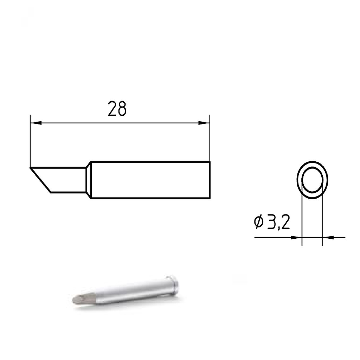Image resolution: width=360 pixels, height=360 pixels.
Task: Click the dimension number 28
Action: (x=117, y=109)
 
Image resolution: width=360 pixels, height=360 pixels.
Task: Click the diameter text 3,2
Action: (x=278, y=222)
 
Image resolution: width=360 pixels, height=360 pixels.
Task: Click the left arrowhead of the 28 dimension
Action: (x=36, y=123)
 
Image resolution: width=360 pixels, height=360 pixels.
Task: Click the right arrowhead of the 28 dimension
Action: (x=204, y=123)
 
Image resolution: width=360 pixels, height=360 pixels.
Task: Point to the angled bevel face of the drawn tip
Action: (x=41, y=180)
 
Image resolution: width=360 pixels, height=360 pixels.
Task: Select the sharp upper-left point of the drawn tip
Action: (x=31, y=168)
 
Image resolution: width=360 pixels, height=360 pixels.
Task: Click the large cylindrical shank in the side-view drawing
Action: (x=149, y=180)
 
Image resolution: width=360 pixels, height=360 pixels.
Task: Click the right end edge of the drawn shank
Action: (x=210, y=180)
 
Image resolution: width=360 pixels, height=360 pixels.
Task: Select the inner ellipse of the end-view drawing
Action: (x=312, y=180)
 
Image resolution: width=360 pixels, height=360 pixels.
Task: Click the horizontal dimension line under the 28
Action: (x=120, y=123)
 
